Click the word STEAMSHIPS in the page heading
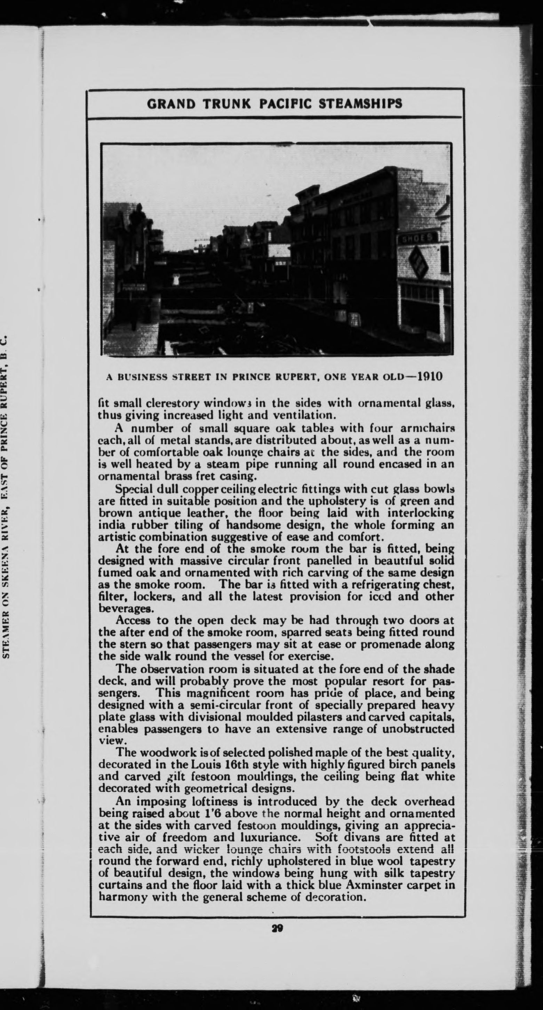[360, 104]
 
